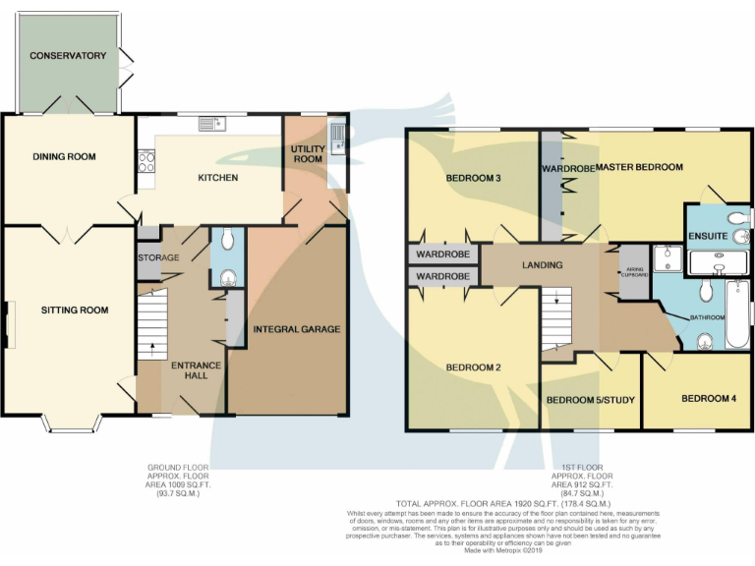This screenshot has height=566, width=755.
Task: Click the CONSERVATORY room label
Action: point(68,56)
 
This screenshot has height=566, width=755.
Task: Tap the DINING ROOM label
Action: point(63,156)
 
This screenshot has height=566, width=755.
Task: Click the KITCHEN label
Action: point(218,178)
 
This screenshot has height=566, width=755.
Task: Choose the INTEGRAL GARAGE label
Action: point(297,328)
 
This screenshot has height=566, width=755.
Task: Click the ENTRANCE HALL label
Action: point(197,371)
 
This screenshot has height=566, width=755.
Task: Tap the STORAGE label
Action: point(158,257)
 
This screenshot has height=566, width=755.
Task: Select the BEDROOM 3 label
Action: point(474,178)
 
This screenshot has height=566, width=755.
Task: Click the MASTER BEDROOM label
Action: point(639,167)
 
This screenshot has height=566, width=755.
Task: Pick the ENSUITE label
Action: point(707,236)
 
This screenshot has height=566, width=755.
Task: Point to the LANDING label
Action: point(542,265)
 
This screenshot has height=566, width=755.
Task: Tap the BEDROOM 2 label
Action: point(474,368)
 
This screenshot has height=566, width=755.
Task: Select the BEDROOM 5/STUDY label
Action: point(589,400)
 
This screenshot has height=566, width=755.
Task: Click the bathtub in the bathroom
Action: point(737,314)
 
